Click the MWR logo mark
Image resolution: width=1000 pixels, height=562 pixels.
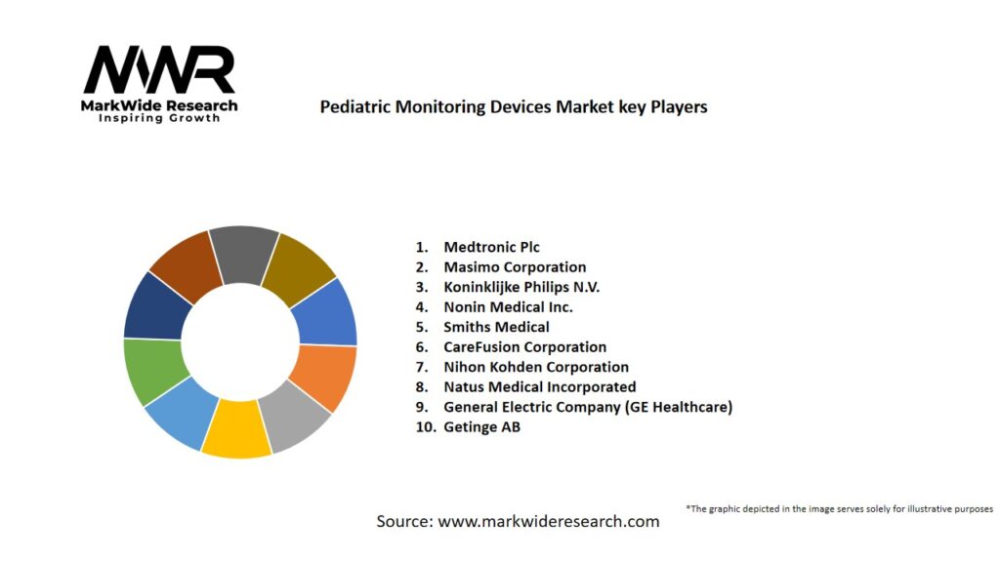pyautogui.click(x=159, y=71)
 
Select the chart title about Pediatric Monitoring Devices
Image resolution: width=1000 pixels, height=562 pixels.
pyautogui.click(x=514, y=107)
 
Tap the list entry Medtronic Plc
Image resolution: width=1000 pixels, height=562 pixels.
pyautogui.click(x=491, y=247)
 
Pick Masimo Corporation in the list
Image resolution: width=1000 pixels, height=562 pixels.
pyautogui.click(x=515, y=267)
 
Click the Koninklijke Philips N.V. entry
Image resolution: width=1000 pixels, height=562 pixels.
pyautogui.click(x=521, y=287)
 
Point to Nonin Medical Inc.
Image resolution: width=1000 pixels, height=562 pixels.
pyautogui.click(x=508, y=307)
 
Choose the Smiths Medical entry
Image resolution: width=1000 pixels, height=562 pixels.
pyautogui.click(x=496, y=327)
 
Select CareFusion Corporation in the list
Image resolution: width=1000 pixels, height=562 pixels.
pyautogui.click(x=524, y=347)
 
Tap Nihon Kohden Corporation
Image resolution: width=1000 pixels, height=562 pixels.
pyautogui.click(x=536, y=367)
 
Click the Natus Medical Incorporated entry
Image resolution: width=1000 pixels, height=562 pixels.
pyautogui.click(x=539, y=387)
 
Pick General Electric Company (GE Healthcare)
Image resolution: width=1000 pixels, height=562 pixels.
pyautogui.click(x=587, y=407)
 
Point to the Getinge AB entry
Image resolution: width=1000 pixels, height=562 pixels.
pyautogui.click(x=481, y=427)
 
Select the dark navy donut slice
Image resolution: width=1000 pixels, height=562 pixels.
pyautogui.click(x=157, y=305)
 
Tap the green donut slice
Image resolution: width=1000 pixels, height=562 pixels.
pyautogui.click(x=152, y=370)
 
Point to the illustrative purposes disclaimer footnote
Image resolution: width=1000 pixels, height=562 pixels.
pyautogui.click(x=839, y=509)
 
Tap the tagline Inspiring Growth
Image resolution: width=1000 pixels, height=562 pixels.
pyautogui.click(x=159, y=118)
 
